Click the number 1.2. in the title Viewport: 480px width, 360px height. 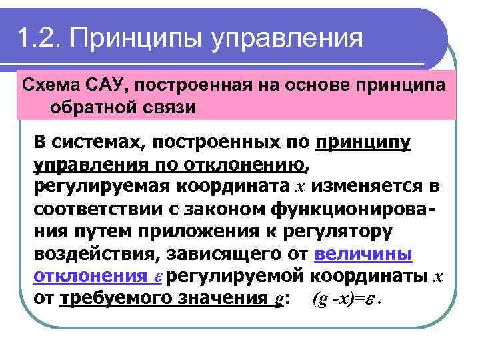click(x=40, y=37)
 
